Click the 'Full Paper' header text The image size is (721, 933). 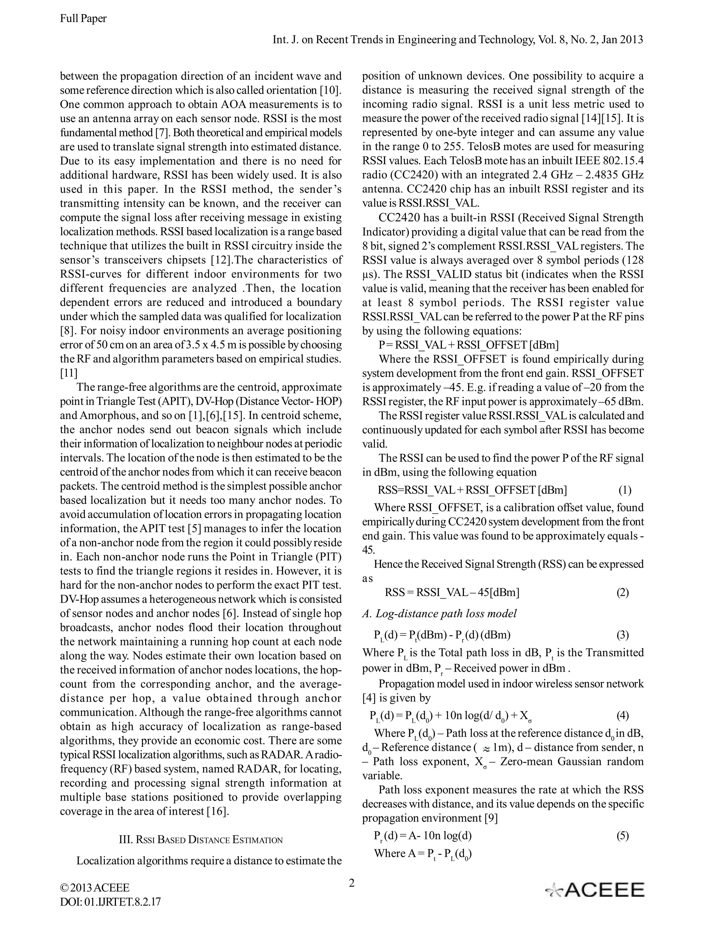(x=83, y=18)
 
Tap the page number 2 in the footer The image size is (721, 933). (x=352, y=883)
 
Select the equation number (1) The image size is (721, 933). (x=625, y=490)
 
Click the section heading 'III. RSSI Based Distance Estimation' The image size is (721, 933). (x=200, y=840)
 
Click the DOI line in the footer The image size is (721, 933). (x=110, y=902)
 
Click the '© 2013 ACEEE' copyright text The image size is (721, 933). (x=95, y=888)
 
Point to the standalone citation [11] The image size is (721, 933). (x=68, y=373)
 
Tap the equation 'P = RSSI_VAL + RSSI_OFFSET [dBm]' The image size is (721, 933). (x=469, y=345)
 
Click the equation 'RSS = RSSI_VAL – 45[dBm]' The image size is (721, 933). (x=452, y=593)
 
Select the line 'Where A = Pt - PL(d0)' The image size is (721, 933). (x=422, y=853)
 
